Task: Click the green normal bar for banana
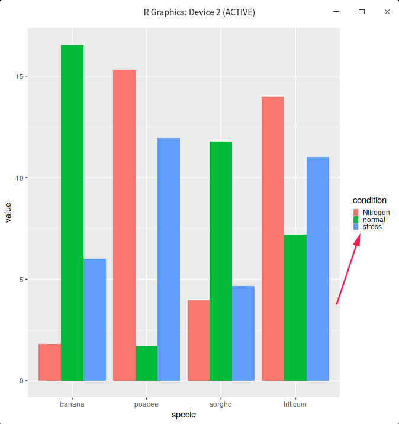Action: point(72,213)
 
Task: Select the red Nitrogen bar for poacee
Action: point(124,225)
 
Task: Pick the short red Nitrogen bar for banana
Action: point(50,362)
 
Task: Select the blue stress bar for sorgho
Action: point(243,333)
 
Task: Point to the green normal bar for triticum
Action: point(295,307)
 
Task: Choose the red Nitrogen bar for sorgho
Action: point(198,340)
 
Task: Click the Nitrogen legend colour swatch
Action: point(356,213)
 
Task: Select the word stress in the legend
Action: point(372,227)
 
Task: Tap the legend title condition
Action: point(369,200)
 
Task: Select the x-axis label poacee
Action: point(146,404)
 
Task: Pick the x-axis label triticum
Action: point(295,404)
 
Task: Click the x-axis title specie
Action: point(184,415)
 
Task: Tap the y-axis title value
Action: point(8,212)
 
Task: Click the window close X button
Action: point(387,12)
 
